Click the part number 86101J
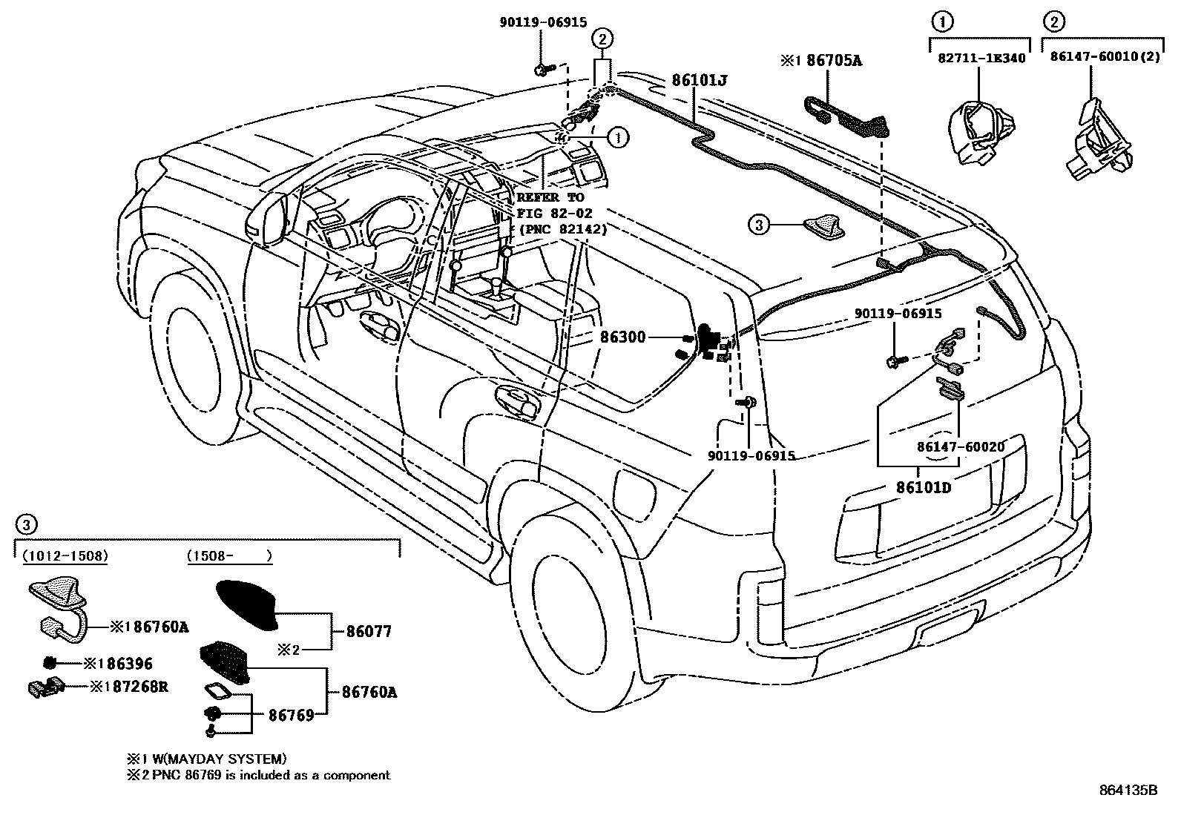click(699, 80)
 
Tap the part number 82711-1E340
click(978, 58)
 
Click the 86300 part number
click(623, 338)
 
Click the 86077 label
click(368, 632)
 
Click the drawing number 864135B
click(1128, 790)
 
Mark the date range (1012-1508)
click(65, 555)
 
